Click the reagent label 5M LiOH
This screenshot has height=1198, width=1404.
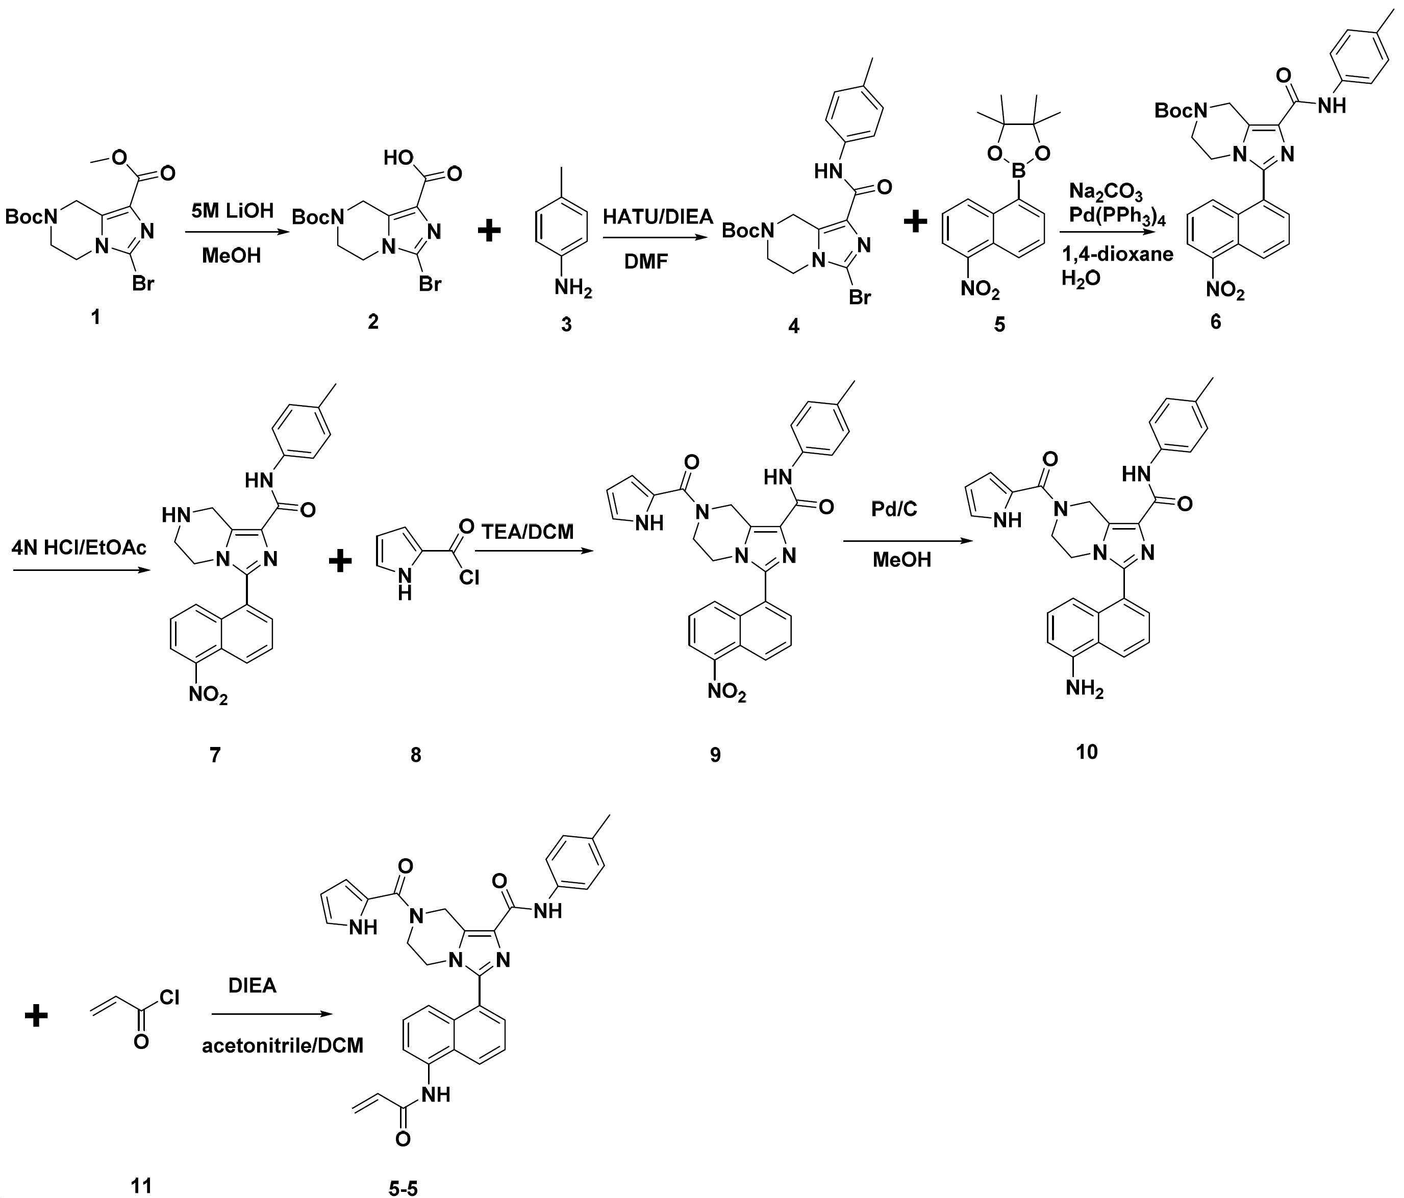point(233,211)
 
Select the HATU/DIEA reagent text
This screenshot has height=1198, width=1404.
point(659,217)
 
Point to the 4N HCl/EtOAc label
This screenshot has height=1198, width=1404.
point(79,547)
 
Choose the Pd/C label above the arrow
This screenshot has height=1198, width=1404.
point(894,509)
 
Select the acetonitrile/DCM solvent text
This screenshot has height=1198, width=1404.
point(283,1045)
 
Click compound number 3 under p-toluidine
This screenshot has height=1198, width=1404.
point(566,325)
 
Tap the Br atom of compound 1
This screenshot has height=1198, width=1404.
point(143,283)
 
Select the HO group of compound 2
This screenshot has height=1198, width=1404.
point(398,158)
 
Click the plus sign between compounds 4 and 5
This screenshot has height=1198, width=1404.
point(915,221)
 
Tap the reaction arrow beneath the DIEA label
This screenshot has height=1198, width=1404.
point(272,1014)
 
